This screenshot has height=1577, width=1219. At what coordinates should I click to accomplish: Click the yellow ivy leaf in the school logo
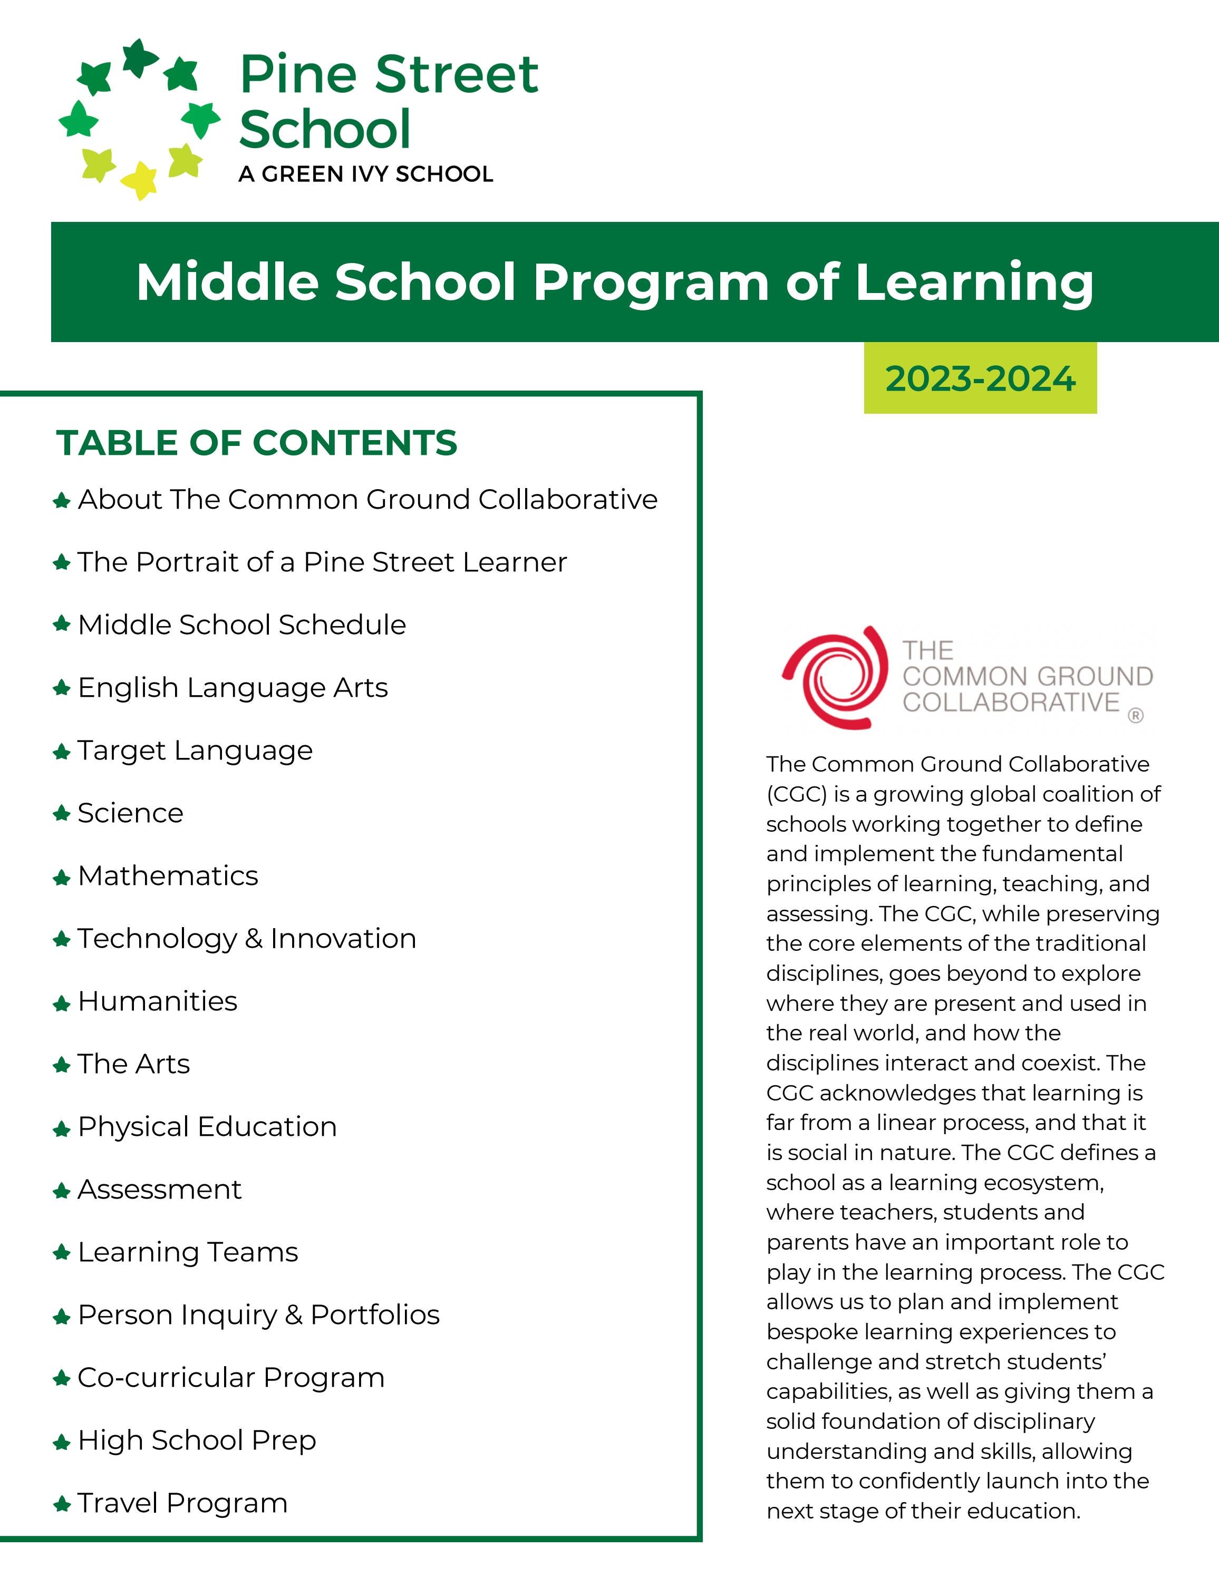pos(139,180)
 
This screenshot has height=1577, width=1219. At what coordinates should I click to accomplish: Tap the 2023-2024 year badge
pos(980,378)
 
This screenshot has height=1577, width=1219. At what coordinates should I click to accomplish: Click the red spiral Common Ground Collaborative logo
pos(835,677)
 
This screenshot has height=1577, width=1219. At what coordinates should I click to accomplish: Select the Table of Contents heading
pos(256,443)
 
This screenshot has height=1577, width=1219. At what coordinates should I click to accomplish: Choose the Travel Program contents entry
pos(182,1503)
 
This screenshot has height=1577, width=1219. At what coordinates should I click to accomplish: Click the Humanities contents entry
pos(158,1001)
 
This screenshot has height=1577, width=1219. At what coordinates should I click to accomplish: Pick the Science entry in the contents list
pos(131,813)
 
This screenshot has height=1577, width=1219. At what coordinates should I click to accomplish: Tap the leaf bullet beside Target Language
pos(61,752)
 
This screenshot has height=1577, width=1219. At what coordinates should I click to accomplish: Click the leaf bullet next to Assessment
pos(61,1191)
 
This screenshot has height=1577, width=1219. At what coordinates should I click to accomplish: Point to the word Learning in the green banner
pos(974,283)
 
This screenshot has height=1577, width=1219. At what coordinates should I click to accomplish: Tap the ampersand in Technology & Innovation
pos(254,939)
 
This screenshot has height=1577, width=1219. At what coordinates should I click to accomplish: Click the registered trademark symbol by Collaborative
pos(1135,716)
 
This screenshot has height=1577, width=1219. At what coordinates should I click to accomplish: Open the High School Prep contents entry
pos(197,1440)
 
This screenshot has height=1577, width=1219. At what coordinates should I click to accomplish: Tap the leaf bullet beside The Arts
pos(61,1065)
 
